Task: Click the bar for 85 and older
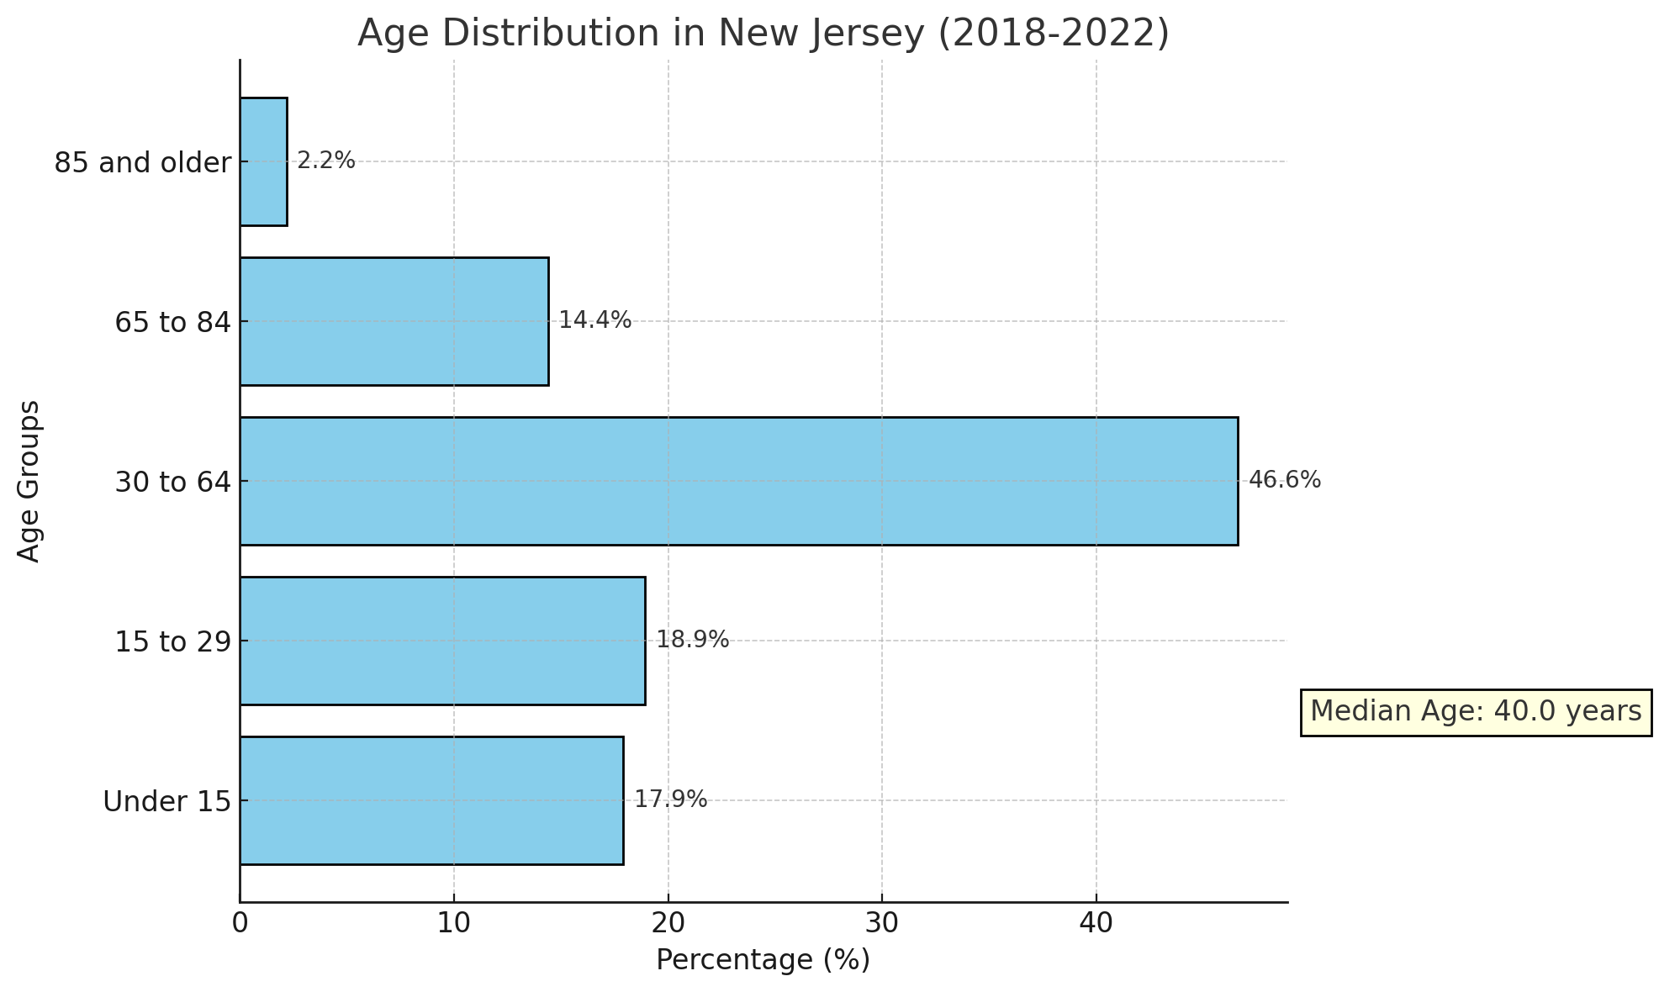coord(263,161)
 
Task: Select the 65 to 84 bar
coord(394,321)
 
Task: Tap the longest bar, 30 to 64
coord(738,481)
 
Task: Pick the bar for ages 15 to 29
coord(442,641)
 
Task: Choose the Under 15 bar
coord(431,800)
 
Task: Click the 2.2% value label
coord(326,161)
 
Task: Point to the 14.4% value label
coord(594,320)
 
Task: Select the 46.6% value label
coord(1284,480)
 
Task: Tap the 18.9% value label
coord(692,640)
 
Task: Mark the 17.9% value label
coord(670,799)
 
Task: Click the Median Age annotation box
coord(1476,712)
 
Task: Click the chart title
coord(763,34)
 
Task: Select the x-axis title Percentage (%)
coord(763,960)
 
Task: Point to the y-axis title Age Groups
coord(29,481)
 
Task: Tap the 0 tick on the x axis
coord(240,923)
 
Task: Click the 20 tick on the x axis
coord(668,923)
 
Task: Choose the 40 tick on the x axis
coord(1096,923)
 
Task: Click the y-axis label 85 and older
coord(142,162)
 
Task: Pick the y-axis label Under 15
coord(166,802)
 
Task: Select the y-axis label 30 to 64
coord(172,482)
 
